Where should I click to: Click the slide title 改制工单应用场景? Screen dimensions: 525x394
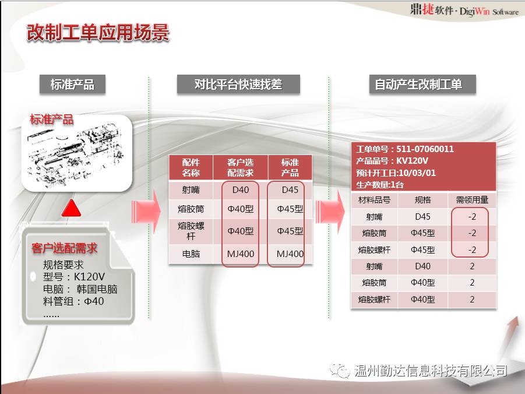pos(98,33)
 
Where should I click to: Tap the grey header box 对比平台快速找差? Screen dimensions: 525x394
pos(238,84)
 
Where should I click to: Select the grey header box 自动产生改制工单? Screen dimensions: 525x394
pos(422,84)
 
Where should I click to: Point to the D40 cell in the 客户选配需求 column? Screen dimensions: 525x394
pos(241,189)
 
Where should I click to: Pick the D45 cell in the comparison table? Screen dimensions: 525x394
pos(290,189)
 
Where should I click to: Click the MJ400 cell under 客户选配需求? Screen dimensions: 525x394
pos(241,254)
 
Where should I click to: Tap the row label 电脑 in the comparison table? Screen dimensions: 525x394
pos(191,254)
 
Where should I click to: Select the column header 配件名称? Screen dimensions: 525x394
pos(191,167)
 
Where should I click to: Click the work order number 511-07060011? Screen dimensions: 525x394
pos(425,149)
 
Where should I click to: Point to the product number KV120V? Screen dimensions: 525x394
pos(412,161)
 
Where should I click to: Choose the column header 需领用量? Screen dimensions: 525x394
pos(472,200)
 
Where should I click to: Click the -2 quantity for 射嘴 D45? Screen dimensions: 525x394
pos(472,217)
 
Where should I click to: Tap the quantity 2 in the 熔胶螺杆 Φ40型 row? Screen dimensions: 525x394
pos(472,299)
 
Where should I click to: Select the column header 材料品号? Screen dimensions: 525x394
pos(374,200)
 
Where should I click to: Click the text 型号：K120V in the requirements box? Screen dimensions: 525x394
pos(73,277)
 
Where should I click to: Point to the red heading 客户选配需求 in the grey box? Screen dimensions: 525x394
pos(64,248)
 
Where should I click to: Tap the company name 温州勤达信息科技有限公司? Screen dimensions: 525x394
pos(431,371)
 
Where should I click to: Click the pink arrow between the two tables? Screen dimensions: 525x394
pos(330,212)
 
